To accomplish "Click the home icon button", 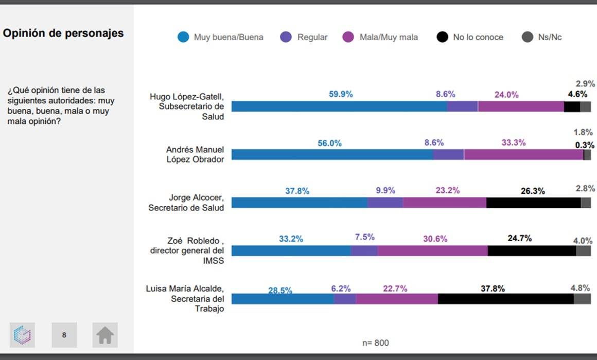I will (x=105, y=335).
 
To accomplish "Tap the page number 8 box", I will (x=64, y=335).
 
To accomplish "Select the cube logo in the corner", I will (x=22, y=335).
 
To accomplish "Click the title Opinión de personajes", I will (x=63, y=33).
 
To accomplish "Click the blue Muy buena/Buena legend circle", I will (x=183, y=37).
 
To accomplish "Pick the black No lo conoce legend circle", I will (x=442, y=37).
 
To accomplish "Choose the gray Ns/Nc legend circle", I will (x=527, y=37).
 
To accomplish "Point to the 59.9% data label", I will (x=341, y=94).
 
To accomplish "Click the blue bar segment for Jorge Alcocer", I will (x=300, y=203).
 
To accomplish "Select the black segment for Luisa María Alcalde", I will (x=505, y=299).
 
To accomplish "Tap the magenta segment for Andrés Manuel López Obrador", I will (x=523, y=155).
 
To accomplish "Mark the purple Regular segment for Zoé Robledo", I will (x=364, y=251).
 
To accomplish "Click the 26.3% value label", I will (x=533, y=191).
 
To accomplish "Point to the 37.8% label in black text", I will (x=493, y=289).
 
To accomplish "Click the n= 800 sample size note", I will (x=376, y=343).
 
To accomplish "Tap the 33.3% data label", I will (x=514, y=143).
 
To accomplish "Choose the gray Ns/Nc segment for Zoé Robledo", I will (x=583, y=251).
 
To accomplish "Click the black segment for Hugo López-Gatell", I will (x=572, y=106).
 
